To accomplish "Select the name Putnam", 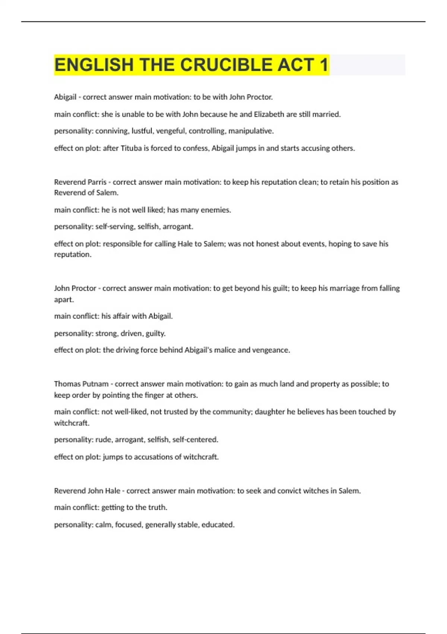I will coord(95,384).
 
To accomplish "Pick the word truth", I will coord(157,507).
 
